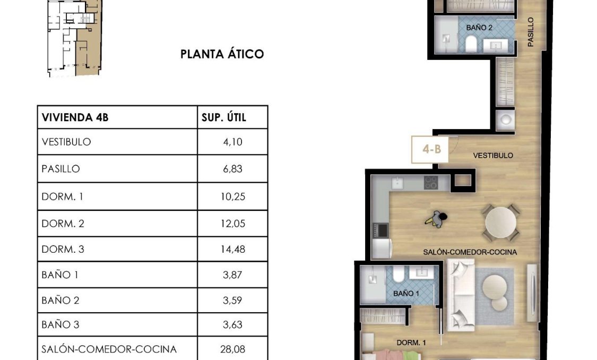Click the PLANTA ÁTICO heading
pos(222,54)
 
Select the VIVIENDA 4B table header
pos(75,117)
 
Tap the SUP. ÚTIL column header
pos(224,117)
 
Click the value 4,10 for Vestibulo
pos(232,142)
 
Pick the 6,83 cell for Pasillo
pos(232,169)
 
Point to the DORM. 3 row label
pos(63,249)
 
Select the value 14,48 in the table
pos(232,249)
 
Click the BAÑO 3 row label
pos(60,324)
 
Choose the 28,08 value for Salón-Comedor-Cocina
pos(232,349)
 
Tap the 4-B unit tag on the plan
pos(432,149)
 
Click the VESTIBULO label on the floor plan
pos(493,156)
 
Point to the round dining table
pos(500,222)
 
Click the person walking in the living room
pos(437,219)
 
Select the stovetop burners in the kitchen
pos(431,183)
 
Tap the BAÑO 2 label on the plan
pos(479,28)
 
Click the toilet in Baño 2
pos(471,44)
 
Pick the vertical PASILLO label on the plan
pos(531,32)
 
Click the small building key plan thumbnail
pos(75,38)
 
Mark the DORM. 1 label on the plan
pos(411,342)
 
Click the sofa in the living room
pos(461,295)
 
